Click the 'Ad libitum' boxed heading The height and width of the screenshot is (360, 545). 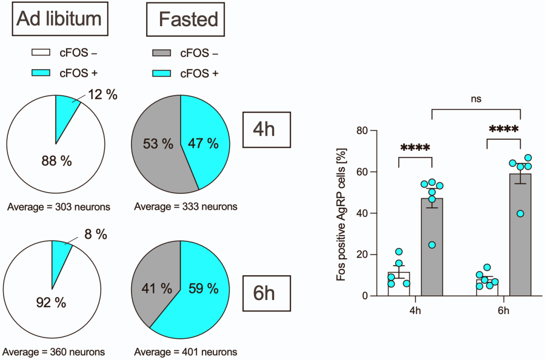click(x=59, y=19)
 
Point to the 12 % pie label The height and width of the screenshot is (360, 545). click(x=102, y=94)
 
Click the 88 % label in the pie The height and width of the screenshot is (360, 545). click(x=56, y=161)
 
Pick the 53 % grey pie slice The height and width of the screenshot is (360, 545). click(x=157, y=144)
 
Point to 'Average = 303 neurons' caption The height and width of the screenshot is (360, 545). click(x=59, y=206)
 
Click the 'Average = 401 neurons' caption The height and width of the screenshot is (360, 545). click(x=186, y=352)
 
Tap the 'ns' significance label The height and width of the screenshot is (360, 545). click(x=476, y=99)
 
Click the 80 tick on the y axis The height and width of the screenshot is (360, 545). click(x=362, y=131)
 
